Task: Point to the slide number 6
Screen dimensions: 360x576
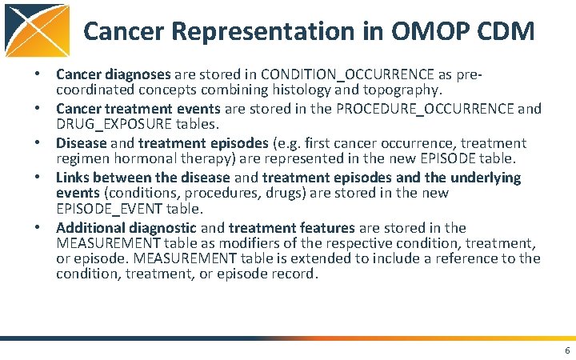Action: (566, 350)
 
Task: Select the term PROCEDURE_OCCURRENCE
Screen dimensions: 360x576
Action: (425, 109)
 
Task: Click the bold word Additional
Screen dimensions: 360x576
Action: (90, 228)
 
